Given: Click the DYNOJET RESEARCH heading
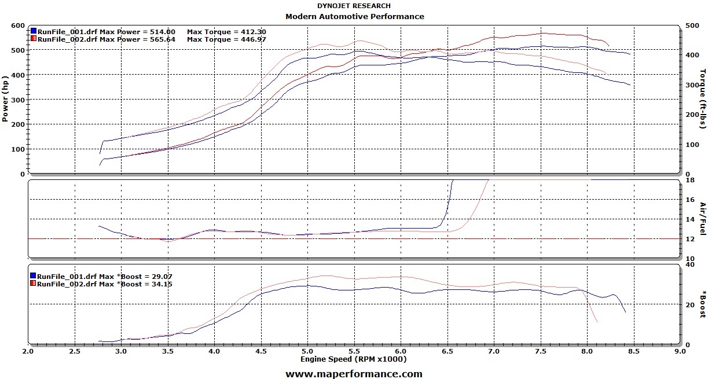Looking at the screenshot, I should [354, 6].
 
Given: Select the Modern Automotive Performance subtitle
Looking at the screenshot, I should [354, 16].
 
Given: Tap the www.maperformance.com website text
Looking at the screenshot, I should [354, 374].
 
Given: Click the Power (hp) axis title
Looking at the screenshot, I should [5, 99].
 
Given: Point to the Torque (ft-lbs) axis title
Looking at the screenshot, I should [702, 99].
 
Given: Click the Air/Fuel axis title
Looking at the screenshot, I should [702, 218].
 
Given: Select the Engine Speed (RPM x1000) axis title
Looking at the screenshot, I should [353, 359].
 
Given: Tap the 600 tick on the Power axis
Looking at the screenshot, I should [17, 26].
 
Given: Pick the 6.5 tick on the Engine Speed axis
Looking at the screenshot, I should [447, 351].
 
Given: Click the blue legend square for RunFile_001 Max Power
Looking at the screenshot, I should [34, 31].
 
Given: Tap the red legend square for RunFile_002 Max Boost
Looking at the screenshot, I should [34, 284].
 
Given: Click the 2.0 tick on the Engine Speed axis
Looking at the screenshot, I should [27, 351].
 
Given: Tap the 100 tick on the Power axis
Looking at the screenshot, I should [17, 149].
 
